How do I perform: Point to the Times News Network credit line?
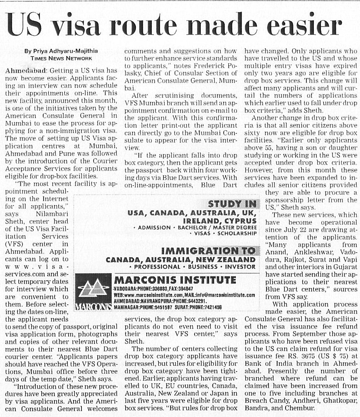click(x=62, y=58)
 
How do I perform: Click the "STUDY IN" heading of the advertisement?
click(x=232, y=204)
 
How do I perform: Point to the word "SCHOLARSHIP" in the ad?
click(x=238, y=233)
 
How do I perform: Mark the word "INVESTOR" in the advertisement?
click(x=241, y=266)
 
